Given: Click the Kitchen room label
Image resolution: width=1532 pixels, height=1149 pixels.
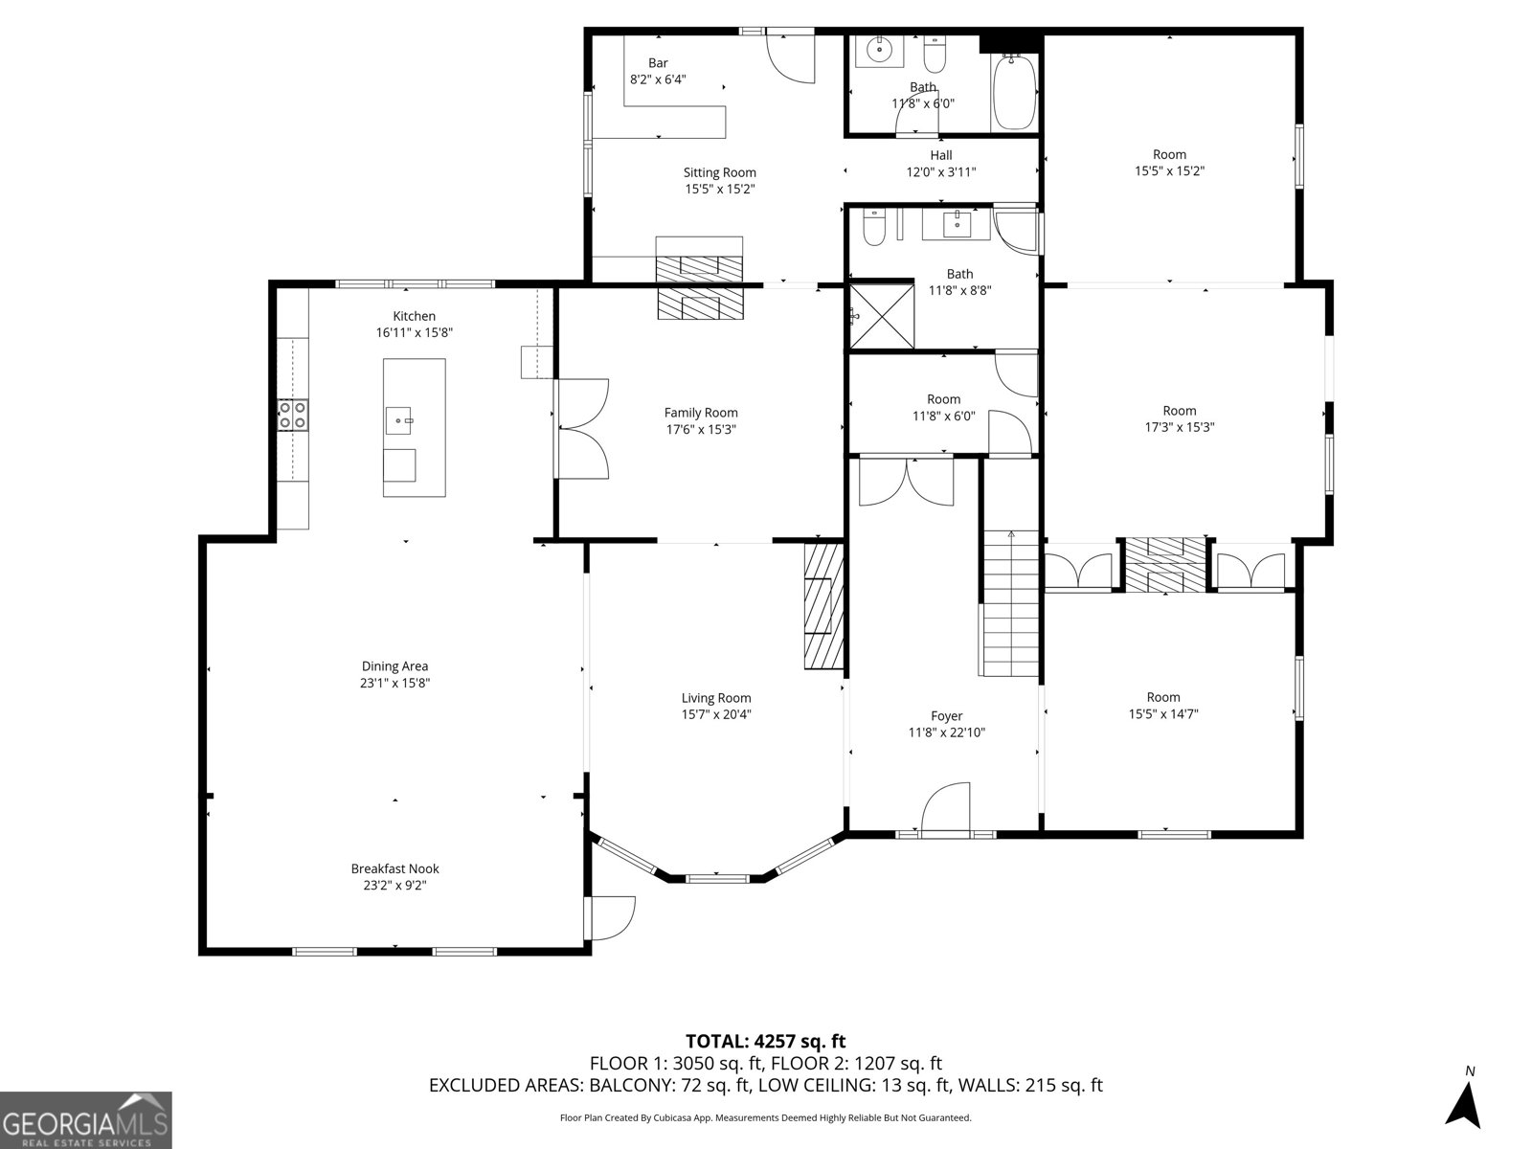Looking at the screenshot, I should pos(414,316).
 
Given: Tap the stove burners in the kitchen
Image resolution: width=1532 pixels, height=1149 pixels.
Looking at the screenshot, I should pos(293,415).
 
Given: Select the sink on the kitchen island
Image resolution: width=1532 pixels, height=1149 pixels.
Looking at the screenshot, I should pos(400,418).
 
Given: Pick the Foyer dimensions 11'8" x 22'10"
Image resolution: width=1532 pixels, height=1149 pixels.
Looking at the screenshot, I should pos(946,732).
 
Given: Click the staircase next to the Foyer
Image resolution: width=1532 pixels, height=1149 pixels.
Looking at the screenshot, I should pos(1010,603).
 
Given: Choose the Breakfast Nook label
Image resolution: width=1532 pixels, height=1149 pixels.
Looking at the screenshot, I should pos(394,868).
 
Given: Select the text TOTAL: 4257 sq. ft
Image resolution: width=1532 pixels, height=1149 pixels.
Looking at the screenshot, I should pos(765,1041).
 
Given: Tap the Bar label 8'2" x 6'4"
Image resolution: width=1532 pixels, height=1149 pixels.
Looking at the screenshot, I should pos(658,72).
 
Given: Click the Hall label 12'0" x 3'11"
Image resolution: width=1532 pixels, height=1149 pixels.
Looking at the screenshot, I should pos(941,164).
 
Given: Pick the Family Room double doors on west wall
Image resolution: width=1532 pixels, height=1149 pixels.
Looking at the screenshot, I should pos(582,428).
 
